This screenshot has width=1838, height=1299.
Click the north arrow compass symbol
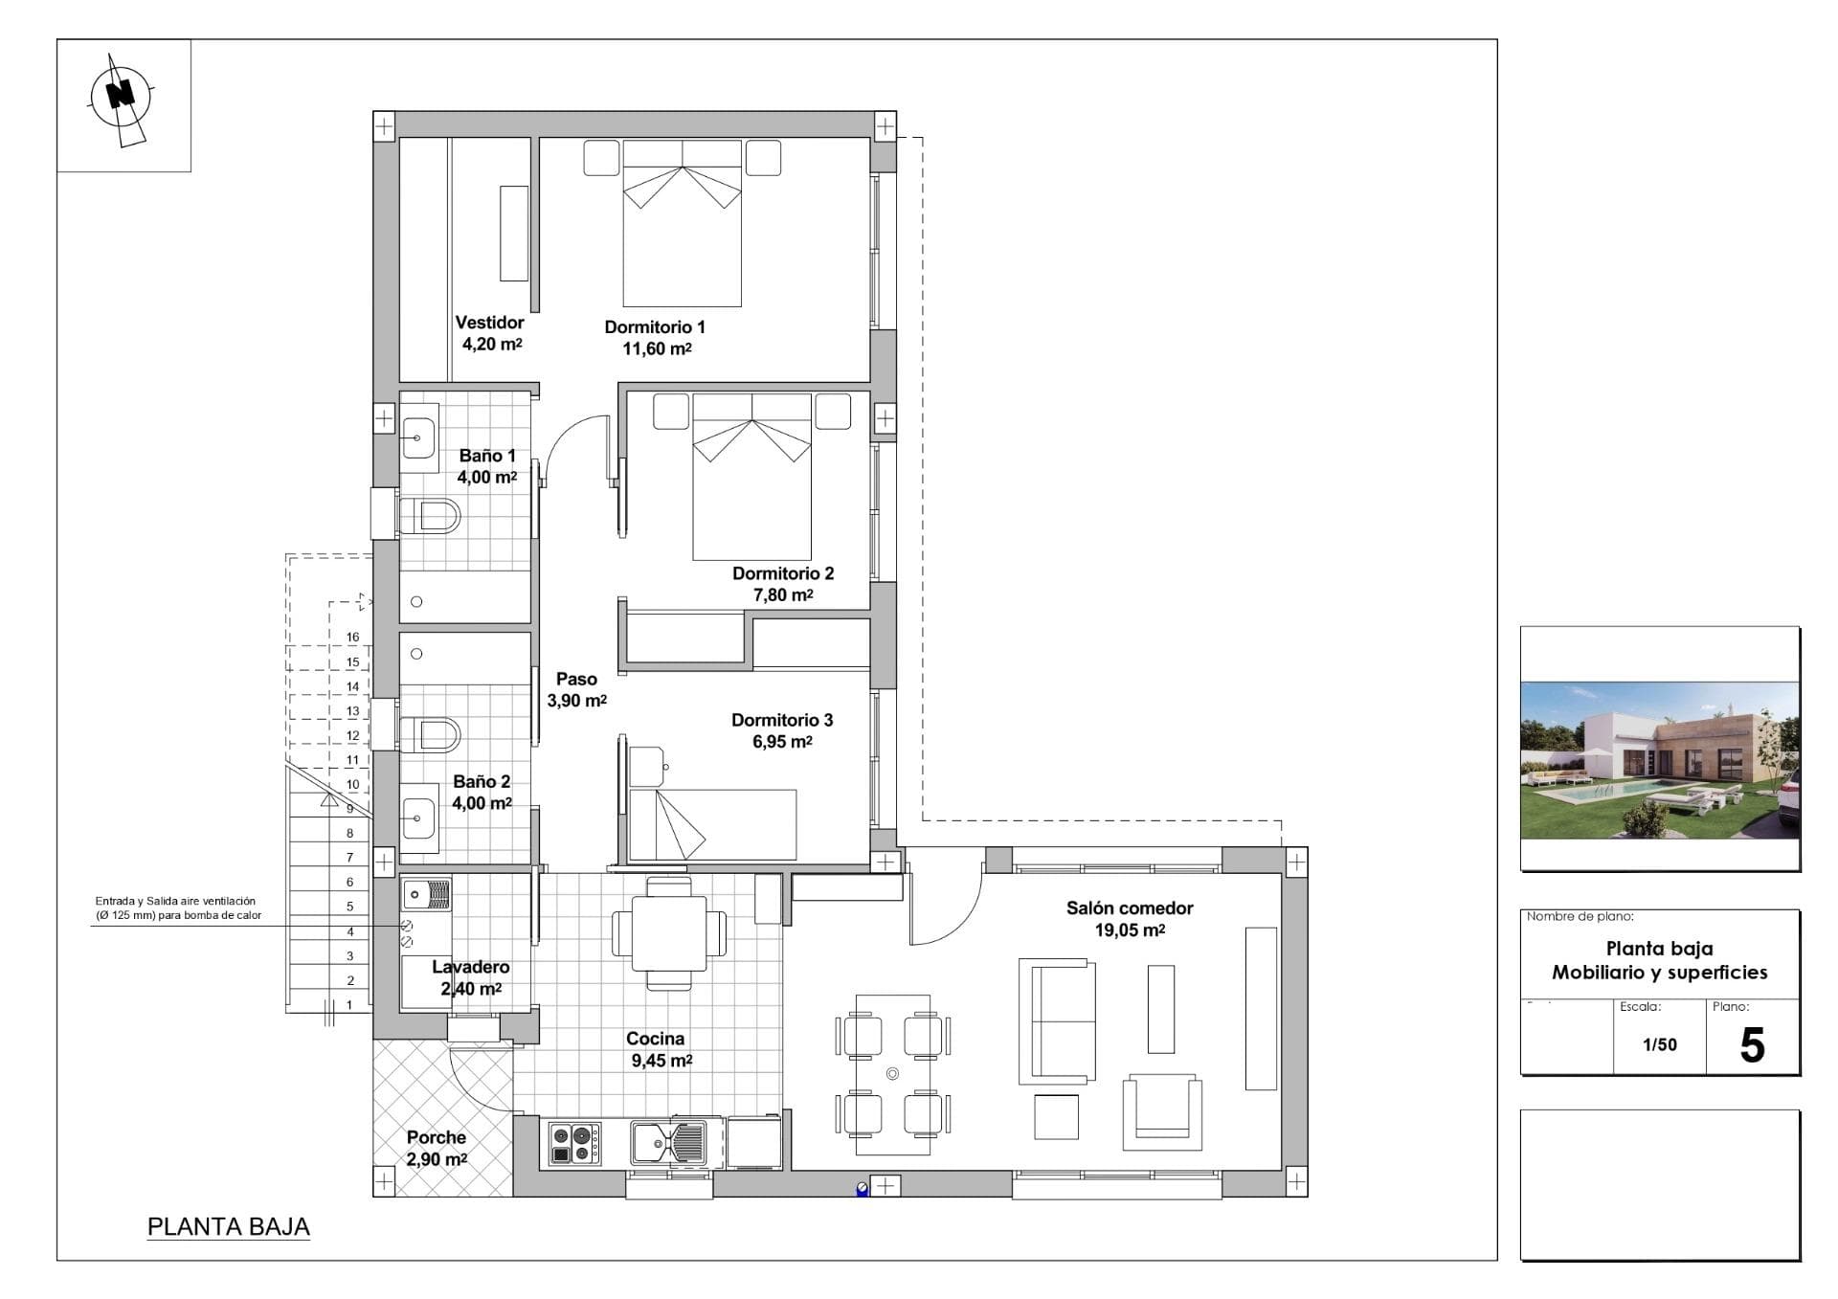coord(122,96)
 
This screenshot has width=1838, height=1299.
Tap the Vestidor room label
coord(489,323)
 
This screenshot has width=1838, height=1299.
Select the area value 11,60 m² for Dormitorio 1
coord(657,348)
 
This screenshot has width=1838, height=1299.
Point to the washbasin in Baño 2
coord(418,818)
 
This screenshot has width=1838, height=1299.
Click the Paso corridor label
coord(576,679)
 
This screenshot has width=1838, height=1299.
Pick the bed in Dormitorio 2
coord(752,479)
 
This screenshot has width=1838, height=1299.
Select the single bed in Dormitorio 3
coord(713,823)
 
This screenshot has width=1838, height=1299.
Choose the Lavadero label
coord(470,967)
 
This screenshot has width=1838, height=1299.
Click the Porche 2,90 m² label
coord(437,1148)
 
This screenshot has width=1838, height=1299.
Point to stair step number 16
coord(352,637)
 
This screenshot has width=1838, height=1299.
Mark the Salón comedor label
coord(1130,907)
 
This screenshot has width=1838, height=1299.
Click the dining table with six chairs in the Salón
coord(892,1074)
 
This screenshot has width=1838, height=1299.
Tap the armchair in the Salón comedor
coord(1162,1110)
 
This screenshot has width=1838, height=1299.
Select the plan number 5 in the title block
coord(1752,1045)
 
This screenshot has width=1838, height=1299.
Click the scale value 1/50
coord(1660,1044)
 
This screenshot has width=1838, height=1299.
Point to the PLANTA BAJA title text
coord(228,1226)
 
